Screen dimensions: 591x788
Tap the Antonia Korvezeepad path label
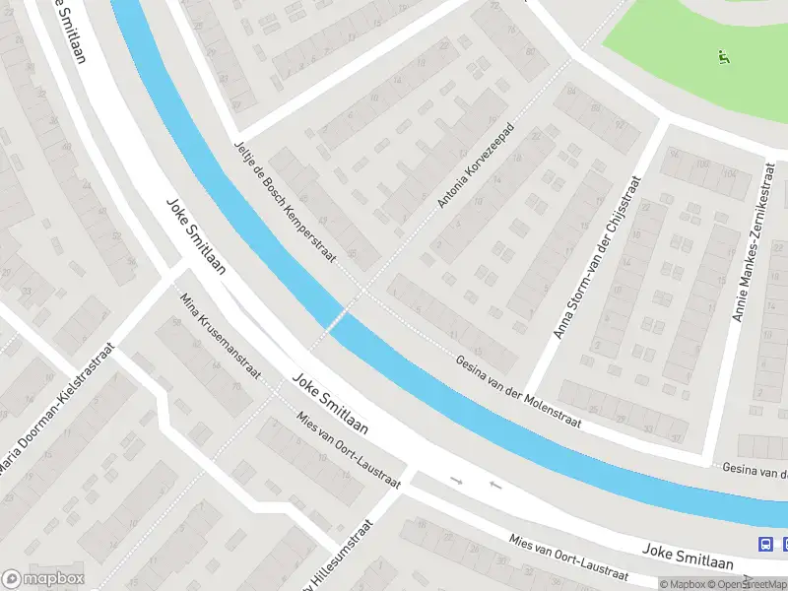pos(477,166)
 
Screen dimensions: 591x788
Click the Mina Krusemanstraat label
pos(220,336)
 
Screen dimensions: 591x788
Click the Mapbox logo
pos(43,579)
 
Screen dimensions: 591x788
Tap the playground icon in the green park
pos(725,57)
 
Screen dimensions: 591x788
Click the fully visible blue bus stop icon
pos(765,544)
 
